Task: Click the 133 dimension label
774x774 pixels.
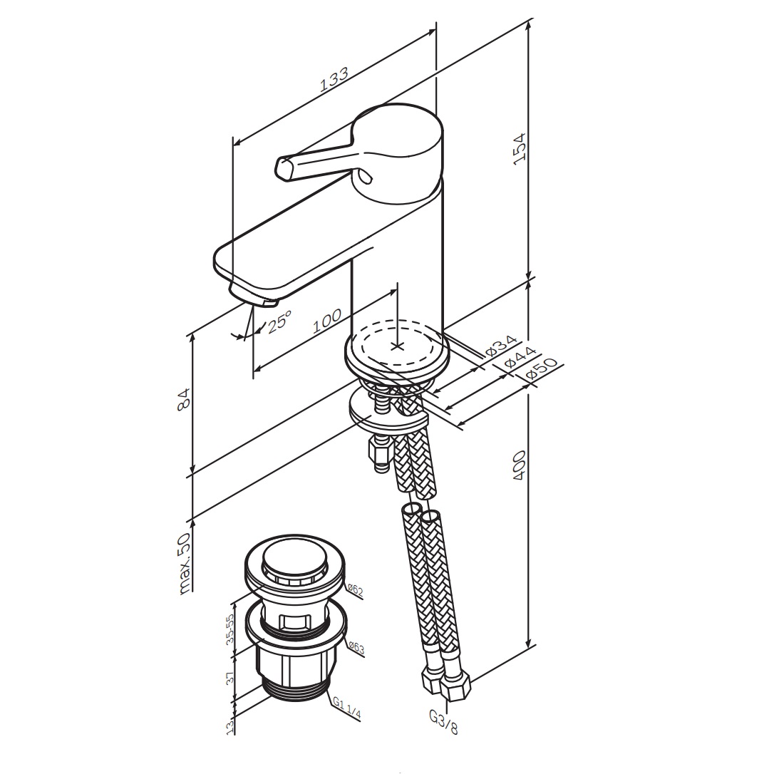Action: (x=334, y=79)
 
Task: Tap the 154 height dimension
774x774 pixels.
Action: (x=520, y=149)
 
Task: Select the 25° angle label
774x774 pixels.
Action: (x=279, y=321)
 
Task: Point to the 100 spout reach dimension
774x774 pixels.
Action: (x=327, y=321)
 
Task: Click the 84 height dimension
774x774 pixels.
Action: (x=183, y=399)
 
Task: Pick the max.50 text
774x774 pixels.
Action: (x=184, y=562)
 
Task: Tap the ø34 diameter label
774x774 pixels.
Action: (x=501, y=346)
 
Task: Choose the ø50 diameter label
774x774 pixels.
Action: (x=541, y=368)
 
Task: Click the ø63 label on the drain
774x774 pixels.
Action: (x=356, y=648)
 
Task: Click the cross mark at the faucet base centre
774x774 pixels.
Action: (x=398, y=346)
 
